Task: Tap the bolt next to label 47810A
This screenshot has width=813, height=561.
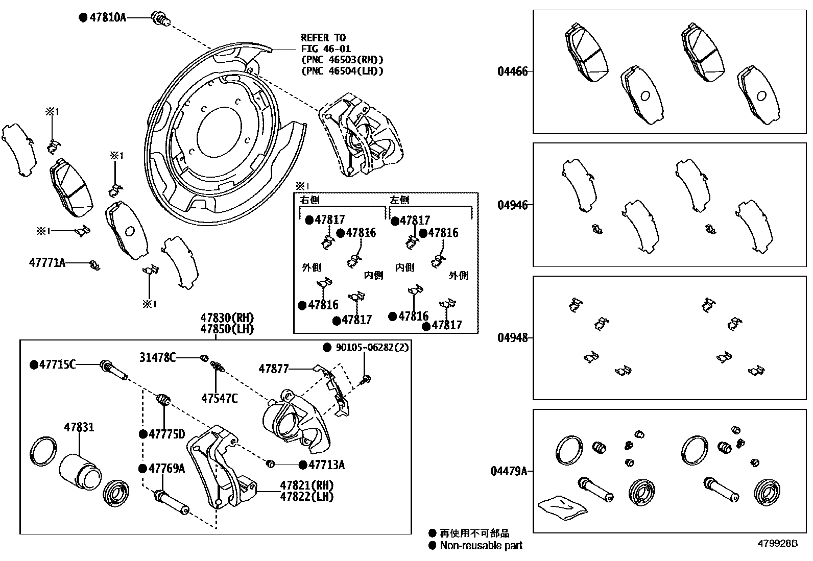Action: (x=160, y=20)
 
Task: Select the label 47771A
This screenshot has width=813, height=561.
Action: (x=47, y=263)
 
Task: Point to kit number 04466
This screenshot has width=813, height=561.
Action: (x=513, y=71)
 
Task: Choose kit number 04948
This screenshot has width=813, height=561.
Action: (x=513, y=337)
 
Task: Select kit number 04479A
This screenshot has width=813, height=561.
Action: (x=509, y=471)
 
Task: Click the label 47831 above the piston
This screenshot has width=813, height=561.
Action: (x=79, y=427)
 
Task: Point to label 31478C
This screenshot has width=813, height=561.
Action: (x=157, y=357)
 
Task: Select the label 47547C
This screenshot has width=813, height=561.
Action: (x=219, y=398)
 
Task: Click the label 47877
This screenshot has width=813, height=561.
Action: (x=274, y=368)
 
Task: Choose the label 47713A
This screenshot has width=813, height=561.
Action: (x=326, y=465)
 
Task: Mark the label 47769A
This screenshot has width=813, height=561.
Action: (x=166, y=468)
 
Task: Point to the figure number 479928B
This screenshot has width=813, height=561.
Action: (x=777, y=544)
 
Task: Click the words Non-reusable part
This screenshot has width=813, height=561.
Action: (x=482, y=545)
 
